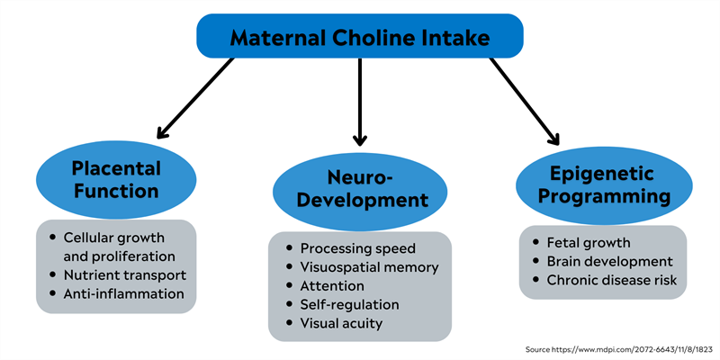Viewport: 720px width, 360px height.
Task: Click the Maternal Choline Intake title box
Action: pyautogui.click(x=360, y=37)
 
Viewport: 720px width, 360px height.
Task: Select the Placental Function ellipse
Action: pyautogui.click(x=115, y=179)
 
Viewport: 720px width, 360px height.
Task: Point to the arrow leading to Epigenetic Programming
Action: pyautogui.click(x=525, y=99)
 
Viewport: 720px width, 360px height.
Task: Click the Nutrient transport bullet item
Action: pyautogui.click(x=124, y=274)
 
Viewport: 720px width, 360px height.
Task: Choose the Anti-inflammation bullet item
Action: pyautogui.click(x=123, y=293)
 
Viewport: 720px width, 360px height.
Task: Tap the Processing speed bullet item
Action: pyautogui.click(x=358, y=247)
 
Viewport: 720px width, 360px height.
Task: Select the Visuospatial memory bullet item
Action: pyautogui.click(x=369, y=266)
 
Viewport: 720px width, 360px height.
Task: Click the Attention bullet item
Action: pyautogui.click(x=333, y=285)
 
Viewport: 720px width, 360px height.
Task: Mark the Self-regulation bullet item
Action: pyautogui.click(x=349, y=304)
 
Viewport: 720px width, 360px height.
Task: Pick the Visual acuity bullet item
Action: pyautogui.click(x=341, y=323)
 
